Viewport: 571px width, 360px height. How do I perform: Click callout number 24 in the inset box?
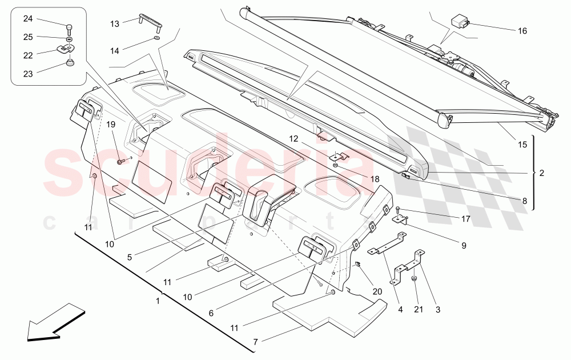tap(28, 19)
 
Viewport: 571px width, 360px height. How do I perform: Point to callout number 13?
tap(115, 23)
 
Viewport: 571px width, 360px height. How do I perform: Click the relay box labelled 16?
tap(460, 22)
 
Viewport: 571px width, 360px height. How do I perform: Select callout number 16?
tap(522, 31)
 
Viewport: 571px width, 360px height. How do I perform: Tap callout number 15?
tap(522, 145)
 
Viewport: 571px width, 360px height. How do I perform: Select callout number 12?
tap(293, 138)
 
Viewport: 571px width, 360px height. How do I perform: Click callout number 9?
tap(464, 246)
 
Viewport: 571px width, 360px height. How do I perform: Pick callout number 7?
tap(255, 342)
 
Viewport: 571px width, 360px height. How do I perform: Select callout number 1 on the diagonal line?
tap(158, 299)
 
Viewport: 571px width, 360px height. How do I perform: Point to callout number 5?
tap(130, 257)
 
